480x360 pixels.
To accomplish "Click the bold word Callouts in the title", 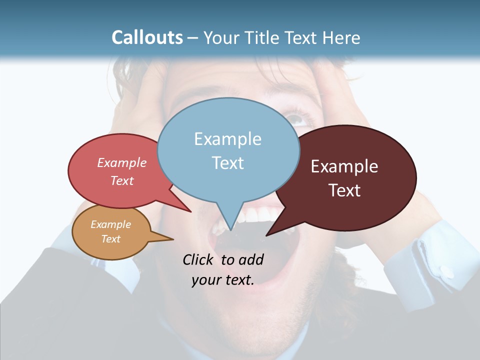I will (x=147, y=37).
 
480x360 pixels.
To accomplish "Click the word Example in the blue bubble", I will (x=228, y=139).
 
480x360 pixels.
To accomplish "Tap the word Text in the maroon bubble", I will (x=344, y=190).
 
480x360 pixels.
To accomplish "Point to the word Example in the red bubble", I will (x=122, y=163).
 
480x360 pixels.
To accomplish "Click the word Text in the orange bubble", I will (x=110, y=239).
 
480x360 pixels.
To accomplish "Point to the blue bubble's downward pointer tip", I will (x=230, y=229).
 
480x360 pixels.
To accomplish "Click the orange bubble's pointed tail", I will (x=170, y=239).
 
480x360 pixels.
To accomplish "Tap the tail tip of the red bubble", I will (x=190, y=211).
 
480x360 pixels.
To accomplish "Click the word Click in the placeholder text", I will (x=197, y=260).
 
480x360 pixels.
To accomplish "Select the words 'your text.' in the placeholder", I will (x=223, y=280).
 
